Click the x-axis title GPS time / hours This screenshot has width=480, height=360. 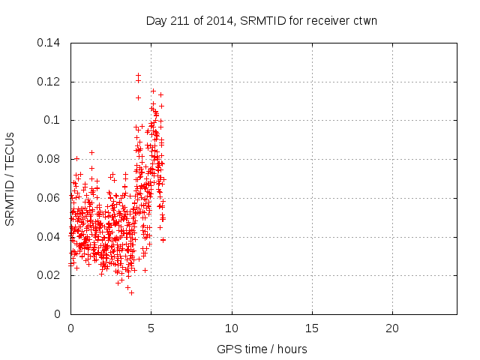262,349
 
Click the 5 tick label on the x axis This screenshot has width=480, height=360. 151,328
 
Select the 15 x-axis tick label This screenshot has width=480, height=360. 311,328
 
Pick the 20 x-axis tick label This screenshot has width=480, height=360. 391,328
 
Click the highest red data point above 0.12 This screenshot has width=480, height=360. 138,75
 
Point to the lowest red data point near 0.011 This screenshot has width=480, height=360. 131,292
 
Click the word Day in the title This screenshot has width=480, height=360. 155,21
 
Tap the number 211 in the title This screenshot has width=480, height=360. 181,21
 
